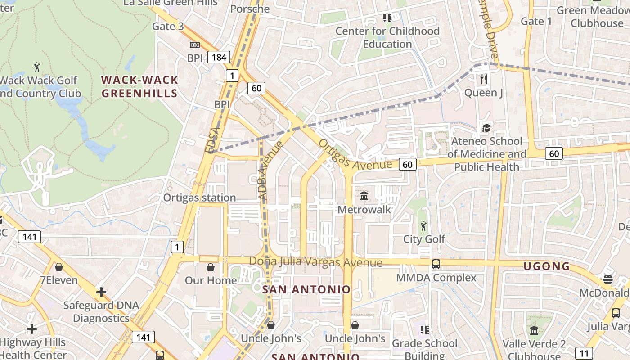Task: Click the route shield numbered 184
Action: tap(219, 57)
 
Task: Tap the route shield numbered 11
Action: tap(584, 353)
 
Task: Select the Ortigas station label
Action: tap(199, 198)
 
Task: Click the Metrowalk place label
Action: tap(364, 210)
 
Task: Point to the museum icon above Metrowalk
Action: tap(364, 196)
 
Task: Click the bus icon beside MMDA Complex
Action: tap(436, 264)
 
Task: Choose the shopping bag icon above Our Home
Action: tap(210, 267)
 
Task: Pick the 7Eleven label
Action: tap(59, 280)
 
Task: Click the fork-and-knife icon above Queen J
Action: tap(484, 80)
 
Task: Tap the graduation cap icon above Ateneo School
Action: tap(486, 128)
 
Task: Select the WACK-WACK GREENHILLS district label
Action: tap(139, 87)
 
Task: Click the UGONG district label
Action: tap(546, 266)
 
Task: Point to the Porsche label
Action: tap(250, 9)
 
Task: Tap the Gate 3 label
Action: tap(168, 26)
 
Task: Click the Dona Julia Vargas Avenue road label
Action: tap(315, 262)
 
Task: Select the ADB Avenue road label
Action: tap(270, 170)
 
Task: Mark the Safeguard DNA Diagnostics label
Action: tap(96, 311)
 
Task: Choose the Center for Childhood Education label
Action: tap(387, 37)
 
